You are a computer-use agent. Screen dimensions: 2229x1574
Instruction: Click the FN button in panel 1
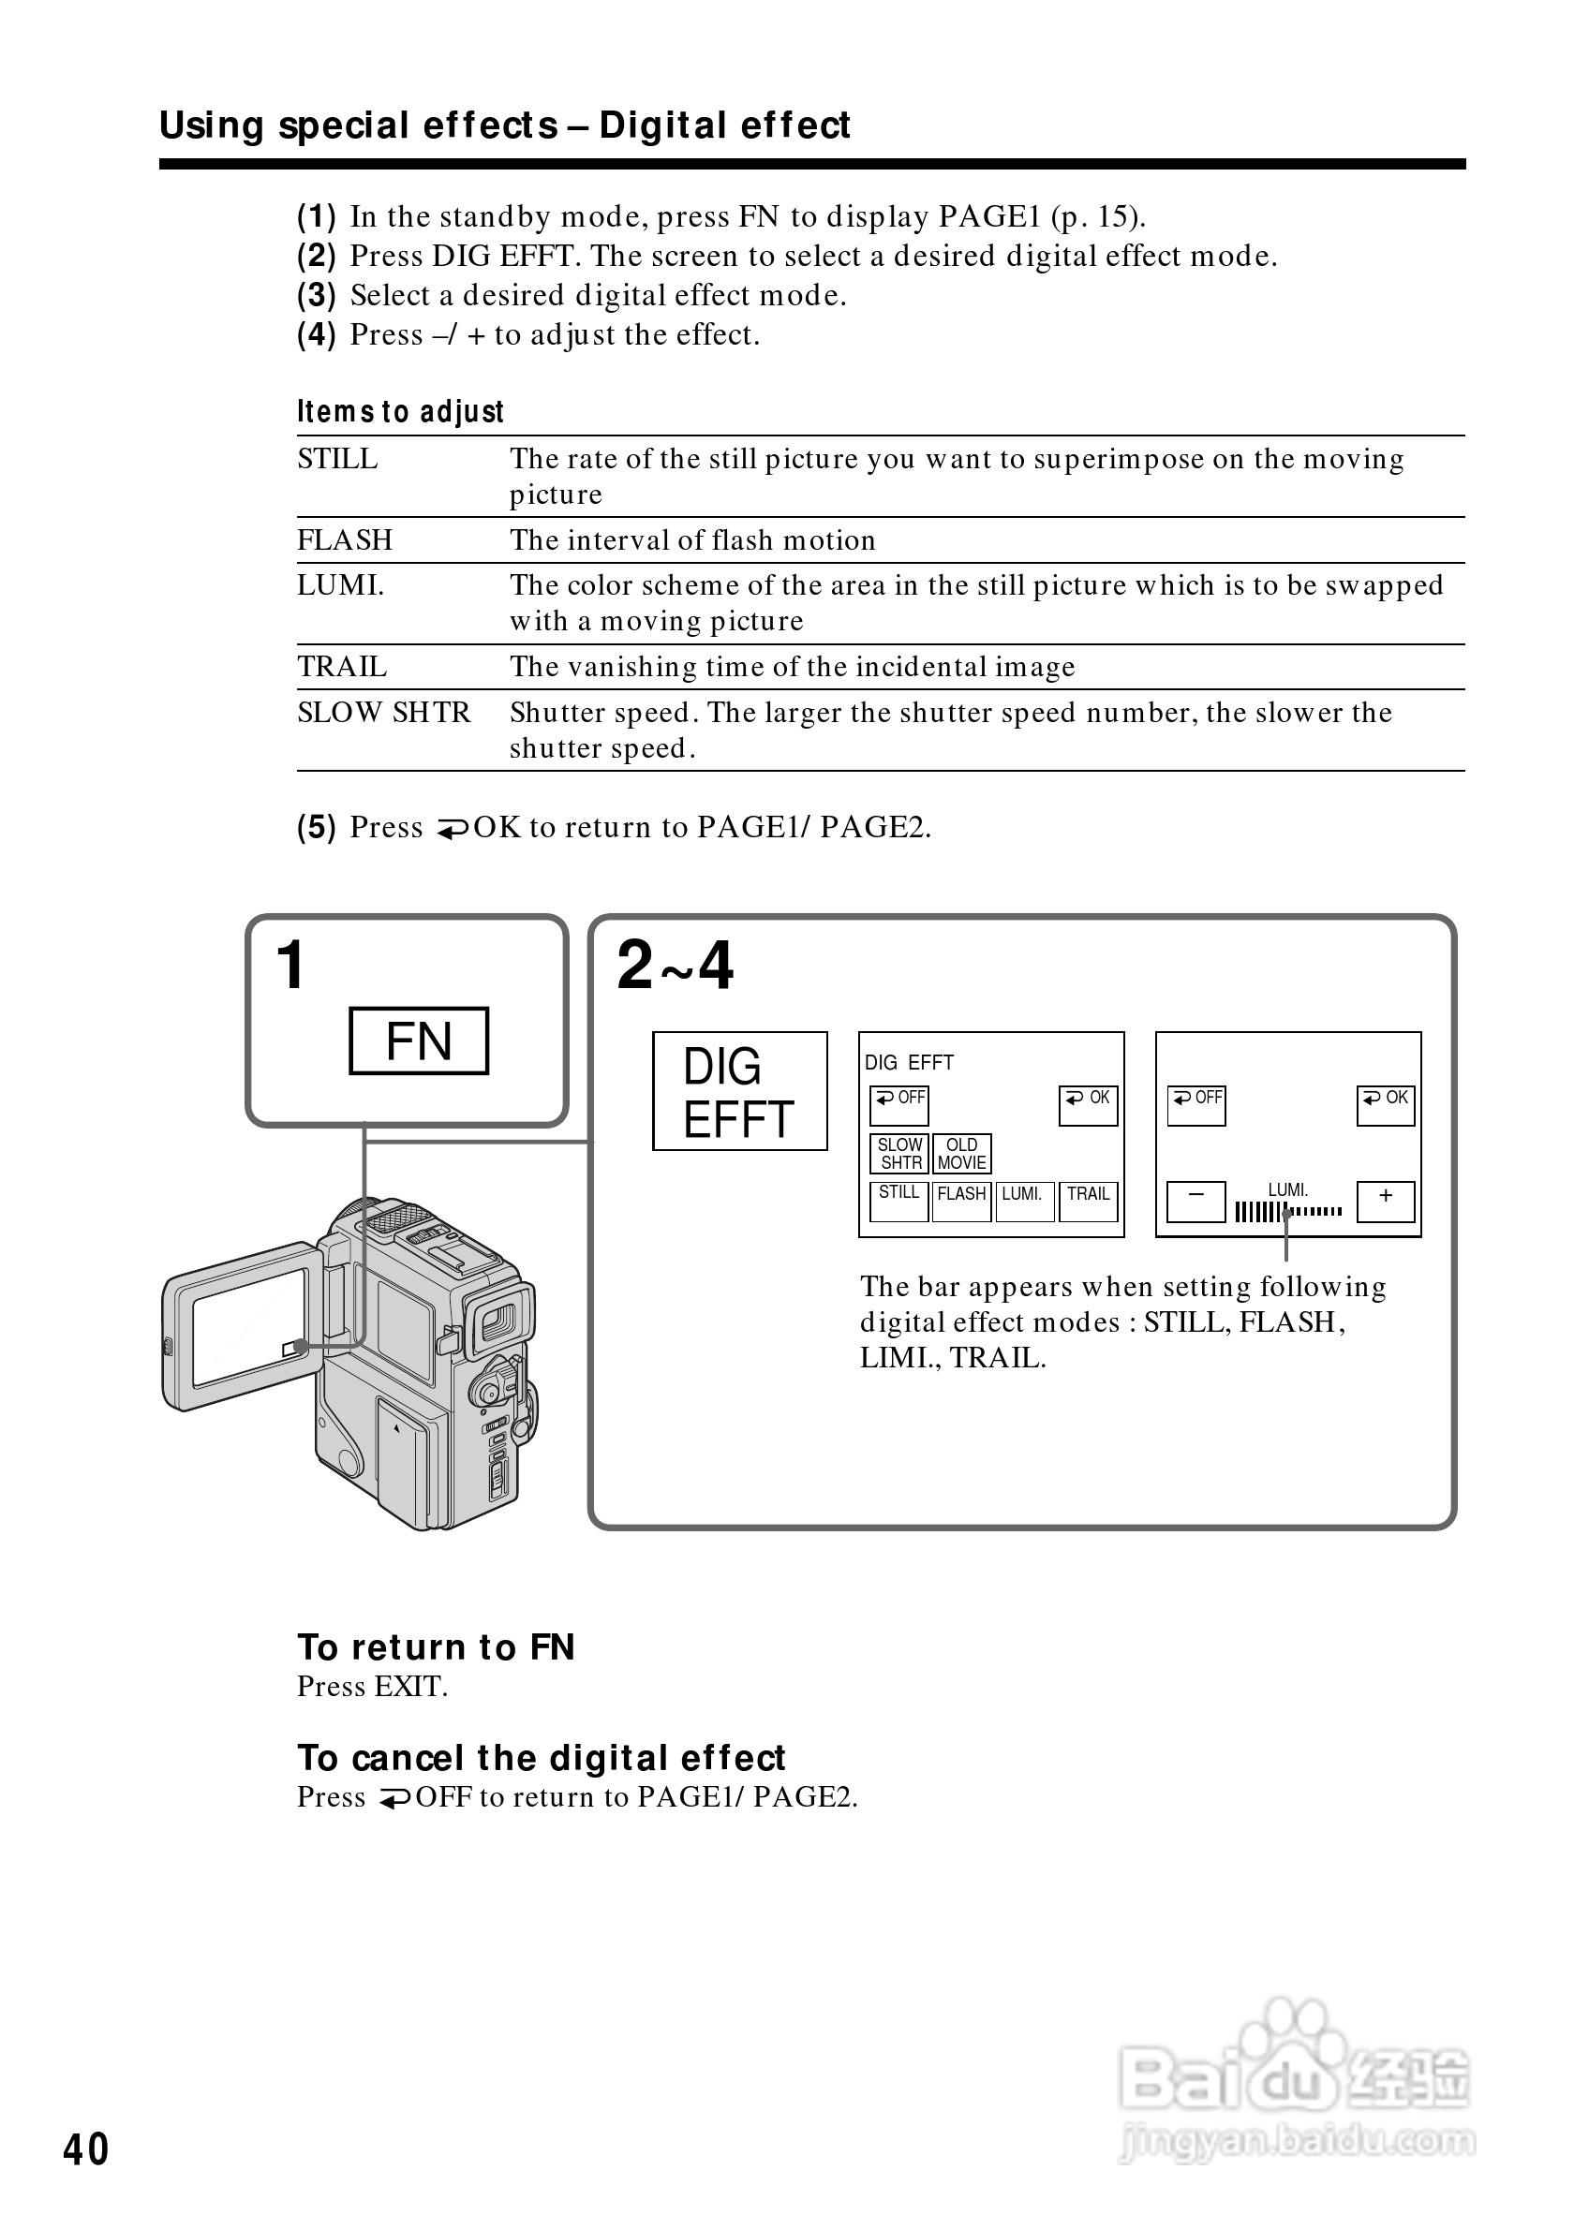(x=419, y=1041)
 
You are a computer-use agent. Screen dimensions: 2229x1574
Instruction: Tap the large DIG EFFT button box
(x=739, y=1091)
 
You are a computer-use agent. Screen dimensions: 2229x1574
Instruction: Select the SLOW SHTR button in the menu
(x=899, y=1153)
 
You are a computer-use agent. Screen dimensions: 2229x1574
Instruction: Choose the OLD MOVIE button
(x=961, y=1153)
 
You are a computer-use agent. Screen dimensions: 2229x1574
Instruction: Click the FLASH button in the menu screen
(x=961, y=1200)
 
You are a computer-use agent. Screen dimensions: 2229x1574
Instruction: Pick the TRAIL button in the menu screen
(x=1088, y=1200)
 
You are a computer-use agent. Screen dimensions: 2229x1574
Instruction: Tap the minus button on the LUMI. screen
(x=1195, y=1200)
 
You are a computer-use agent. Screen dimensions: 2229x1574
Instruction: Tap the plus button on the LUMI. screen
(x=1386, y=1200)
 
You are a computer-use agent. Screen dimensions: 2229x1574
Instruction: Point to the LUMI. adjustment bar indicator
(x=1288, y=1211)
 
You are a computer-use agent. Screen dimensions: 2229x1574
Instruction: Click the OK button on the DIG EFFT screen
(x=1089, y=1105)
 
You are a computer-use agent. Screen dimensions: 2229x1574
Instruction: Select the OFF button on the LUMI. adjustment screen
(x=1196, y=1105)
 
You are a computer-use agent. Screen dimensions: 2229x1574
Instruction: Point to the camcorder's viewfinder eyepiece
(x=500, y=1319)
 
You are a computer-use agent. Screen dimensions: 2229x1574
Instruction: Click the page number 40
(x=85, y=2149)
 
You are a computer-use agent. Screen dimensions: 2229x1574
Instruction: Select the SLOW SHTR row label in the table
(x=383, y=713)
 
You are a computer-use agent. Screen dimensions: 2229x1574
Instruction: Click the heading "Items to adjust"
(x=400, y=412)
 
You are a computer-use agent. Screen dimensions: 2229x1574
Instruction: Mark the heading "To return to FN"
(x=436, y=1647)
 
